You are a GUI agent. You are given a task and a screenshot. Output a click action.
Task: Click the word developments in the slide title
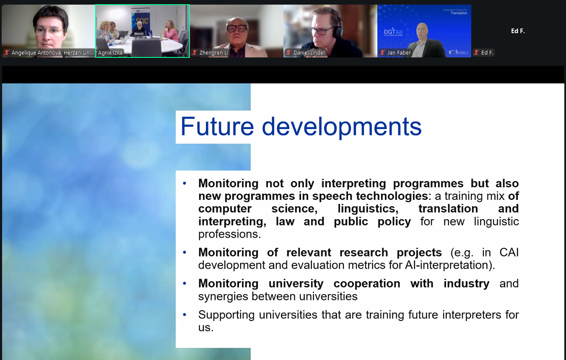[342, 128]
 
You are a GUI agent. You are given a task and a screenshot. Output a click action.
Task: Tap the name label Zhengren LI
[213, 52]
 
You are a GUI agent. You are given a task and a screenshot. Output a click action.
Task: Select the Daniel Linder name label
[309, 52]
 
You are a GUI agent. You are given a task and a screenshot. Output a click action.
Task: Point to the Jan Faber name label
[399, 52]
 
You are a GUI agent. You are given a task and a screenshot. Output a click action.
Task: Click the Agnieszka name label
[110, 52]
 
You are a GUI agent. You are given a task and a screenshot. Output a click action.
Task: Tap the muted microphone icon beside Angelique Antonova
[7, 52]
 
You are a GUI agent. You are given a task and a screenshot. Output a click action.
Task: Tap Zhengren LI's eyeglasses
[237, 28]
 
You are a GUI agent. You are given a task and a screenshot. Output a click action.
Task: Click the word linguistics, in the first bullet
[368, 209]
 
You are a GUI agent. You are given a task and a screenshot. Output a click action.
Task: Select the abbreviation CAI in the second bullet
[509, 252]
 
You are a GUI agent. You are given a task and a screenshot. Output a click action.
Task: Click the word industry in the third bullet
[467, 283]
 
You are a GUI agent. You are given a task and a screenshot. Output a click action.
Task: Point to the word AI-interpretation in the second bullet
[446, 265]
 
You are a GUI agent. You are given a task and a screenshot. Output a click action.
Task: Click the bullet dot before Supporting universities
[184, 315]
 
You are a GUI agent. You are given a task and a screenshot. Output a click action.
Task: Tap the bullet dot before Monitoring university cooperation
[184, 283]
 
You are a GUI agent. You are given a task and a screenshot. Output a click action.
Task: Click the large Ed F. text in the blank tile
[518, 31]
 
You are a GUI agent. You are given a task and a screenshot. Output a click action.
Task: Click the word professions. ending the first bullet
[229, 234]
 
